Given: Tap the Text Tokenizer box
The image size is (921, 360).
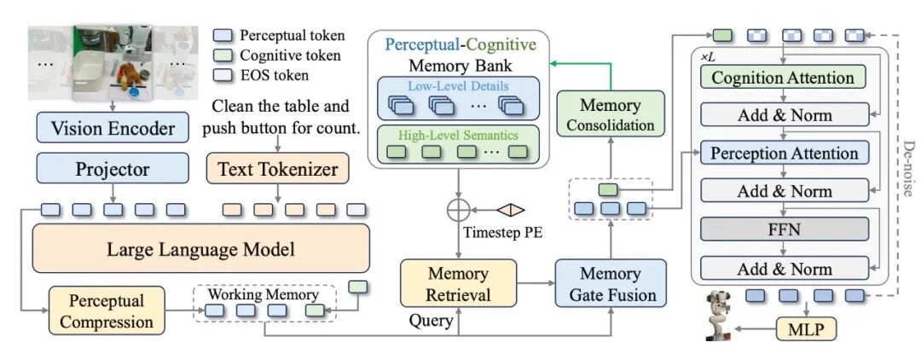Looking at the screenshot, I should pos(277,169).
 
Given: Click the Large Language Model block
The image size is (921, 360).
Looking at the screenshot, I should pos(200,249).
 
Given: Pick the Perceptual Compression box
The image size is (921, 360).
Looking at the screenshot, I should pos(107,311).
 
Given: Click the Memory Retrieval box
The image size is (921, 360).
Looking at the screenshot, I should pos(459,285).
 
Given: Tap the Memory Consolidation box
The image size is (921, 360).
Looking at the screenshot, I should pos(610,115).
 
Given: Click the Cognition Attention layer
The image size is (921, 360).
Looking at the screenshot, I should pos(782,78).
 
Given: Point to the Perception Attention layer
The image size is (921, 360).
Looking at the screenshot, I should pos(784,154).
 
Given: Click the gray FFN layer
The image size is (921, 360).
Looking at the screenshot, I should pos(784,229).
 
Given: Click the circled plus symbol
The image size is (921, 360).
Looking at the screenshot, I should pos(459,209).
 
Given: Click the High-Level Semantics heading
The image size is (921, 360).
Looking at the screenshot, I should pos(459,135).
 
